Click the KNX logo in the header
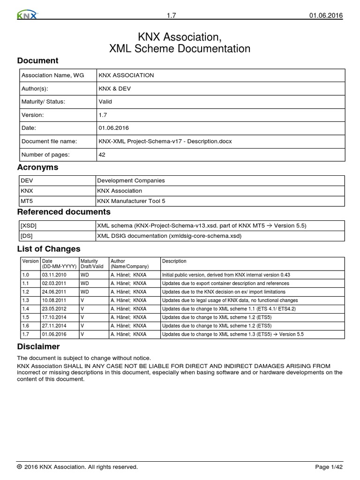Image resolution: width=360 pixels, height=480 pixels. click(x=27, y=15)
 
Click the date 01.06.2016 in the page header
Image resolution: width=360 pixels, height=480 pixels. click(x=326, y=15)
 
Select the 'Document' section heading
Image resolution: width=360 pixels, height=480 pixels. click(x=37, y=60)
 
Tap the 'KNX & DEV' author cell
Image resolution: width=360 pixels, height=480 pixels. click(x=113, y=88)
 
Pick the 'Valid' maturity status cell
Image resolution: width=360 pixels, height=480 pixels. click(x=105, y=101)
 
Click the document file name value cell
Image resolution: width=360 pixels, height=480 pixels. click(x=165, y=141)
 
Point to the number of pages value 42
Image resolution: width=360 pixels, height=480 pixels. click(x=102, y=154)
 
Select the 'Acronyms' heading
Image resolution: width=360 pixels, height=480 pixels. click(x=37, y=167)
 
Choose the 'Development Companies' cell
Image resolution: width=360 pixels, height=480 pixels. click(x=131, y=180)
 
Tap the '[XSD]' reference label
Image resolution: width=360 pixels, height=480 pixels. click(x=29, y=225)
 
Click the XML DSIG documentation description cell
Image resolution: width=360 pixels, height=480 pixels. click(x=169, y=236)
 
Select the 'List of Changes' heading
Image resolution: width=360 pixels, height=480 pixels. click(x=49, y=249)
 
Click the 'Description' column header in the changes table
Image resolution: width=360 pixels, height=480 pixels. click(x=174, y=261)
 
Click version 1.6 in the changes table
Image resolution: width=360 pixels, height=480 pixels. click(x=26, y=326)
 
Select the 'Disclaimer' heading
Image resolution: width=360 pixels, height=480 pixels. click(x=38, y=346)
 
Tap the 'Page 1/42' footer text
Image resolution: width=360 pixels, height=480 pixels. click(x=329, y=467)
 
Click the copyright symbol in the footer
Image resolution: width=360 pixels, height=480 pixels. click(x=19, y=467)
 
